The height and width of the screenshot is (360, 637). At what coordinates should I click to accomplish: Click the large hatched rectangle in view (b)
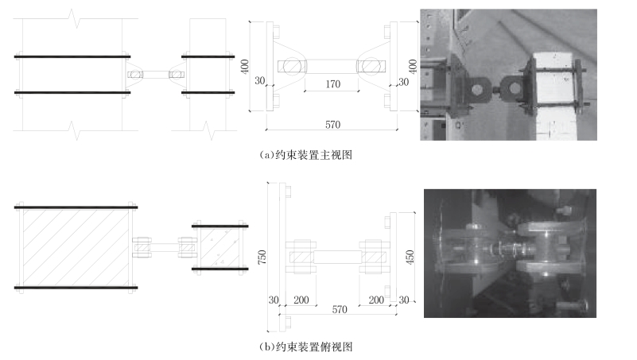73,246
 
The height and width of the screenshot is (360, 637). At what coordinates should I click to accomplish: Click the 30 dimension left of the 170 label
261,82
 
